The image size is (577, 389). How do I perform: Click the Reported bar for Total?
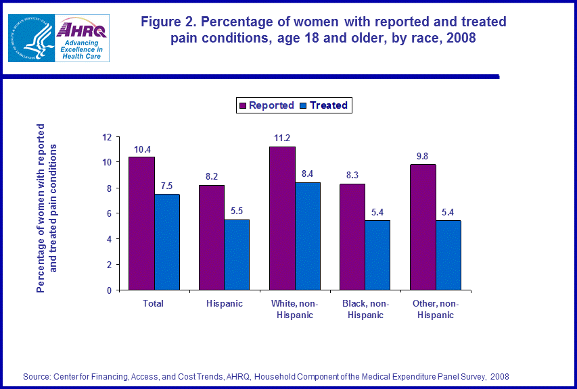click(141, 224)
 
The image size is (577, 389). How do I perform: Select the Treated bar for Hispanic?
click(237, 255)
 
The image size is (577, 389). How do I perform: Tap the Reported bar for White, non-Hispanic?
click(282, 218)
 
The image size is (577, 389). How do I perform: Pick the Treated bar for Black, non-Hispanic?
click(377, 255)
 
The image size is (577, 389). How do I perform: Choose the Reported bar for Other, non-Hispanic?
click(423, 227)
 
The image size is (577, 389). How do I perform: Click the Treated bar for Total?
click(167, 242)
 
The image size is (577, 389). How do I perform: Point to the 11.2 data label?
click(282, 138)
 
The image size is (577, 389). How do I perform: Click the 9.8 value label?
click(423, 156)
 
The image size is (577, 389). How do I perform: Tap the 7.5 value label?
click(167, 185)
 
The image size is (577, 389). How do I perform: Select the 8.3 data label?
click(352, 175)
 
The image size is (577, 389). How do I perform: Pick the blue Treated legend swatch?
click(303, 105)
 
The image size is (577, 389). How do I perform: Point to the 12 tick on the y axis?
click(106, 137)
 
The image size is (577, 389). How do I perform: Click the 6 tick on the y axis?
click(108, 213)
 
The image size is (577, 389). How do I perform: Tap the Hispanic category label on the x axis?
click(224, 304)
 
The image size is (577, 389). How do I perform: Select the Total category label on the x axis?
click(154, 304)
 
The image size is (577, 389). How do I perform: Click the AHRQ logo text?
click(80, 30)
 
